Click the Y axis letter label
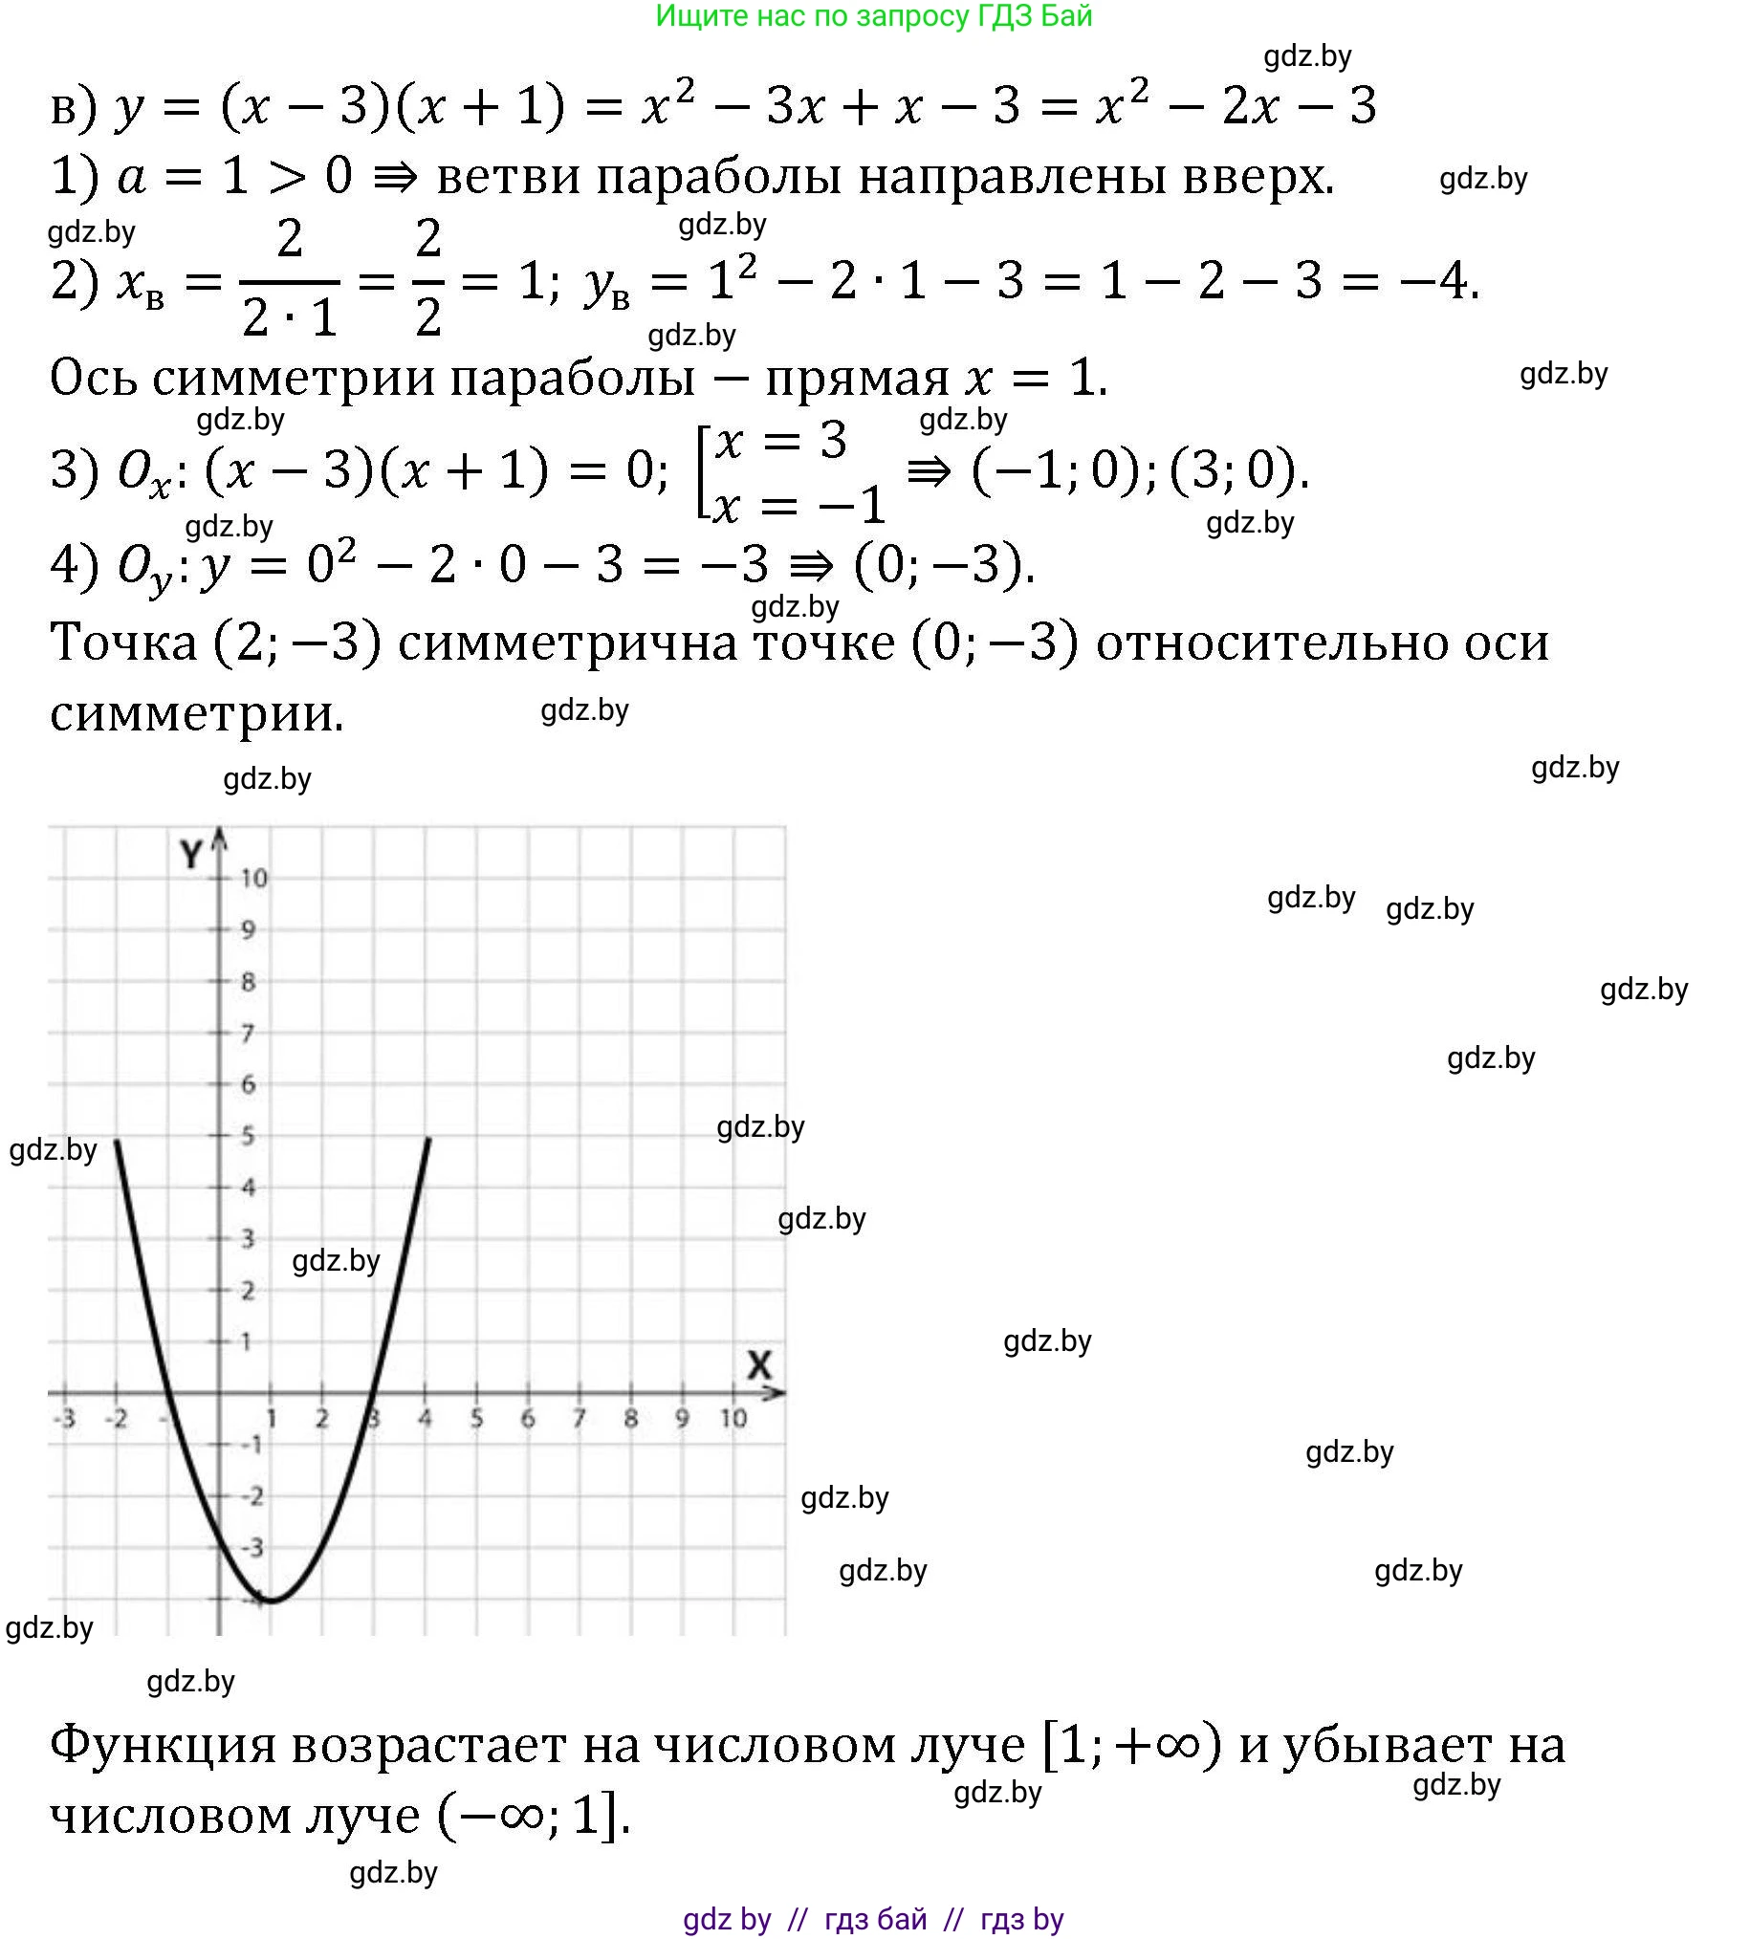pyautogui.click(x=192, y=854)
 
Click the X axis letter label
pyautogui.click(x=759, y=1364)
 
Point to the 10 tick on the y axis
pyautogui.click(x=253, y=878)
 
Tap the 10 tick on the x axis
pyautogui.click(x=733, y=1418)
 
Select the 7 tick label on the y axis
pyautogui.click(x=248, y=1034)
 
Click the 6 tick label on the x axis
pyautogui.click(x=528, y=1418)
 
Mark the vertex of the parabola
pyautogui.click(x=272, y=1601)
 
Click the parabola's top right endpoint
pyautogui.click(x=427, y=1139)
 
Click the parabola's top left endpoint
pyautogui.click(x=117, y=1140)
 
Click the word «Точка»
pyautogui.click(x=123, y=643)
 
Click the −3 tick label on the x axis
pyautogui.click(x=65, y=1418)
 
